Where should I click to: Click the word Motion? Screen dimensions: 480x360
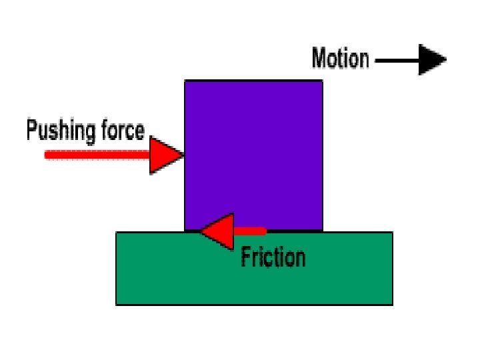(x=340, y=59)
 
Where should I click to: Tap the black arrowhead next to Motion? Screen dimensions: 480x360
(x=432, y=59)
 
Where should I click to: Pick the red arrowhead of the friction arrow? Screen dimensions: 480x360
(x=218, y=231)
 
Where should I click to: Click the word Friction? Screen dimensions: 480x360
(x=273, y=257)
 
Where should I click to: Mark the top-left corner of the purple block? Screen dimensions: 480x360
(x=185, y=81)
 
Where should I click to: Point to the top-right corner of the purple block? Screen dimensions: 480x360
(x=323, y=81)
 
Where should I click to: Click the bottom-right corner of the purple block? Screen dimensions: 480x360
(x=323, y=231)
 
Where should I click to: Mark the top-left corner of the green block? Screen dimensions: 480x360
(x=117, y=233)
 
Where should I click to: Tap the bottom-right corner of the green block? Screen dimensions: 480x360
(x=392, y=305)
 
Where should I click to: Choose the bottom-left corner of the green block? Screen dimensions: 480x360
(x=117, y=305)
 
